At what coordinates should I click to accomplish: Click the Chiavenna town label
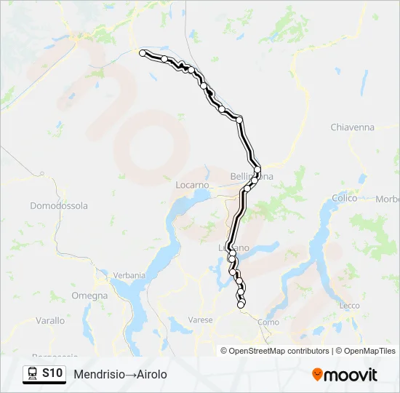(352, 127)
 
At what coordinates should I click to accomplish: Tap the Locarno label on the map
(192, 185)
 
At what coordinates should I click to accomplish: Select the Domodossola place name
(59, 206)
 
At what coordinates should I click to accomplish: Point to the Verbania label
(130, 276)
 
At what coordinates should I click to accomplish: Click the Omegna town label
(89, 296)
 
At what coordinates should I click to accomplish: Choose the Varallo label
(50, 320)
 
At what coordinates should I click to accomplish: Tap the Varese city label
(200, 319)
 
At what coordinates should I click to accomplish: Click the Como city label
(268, 322)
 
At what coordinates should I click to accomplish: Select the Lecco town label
(349, 306)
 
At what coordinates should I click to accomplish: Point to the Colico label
(345, 198)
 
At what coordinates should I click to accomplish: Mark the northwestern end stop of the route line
(143, 52)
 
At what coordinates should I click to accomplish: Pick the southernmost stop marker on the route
(241, 303)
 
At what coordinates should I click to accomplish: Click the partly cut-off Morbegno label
(388, 199)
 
